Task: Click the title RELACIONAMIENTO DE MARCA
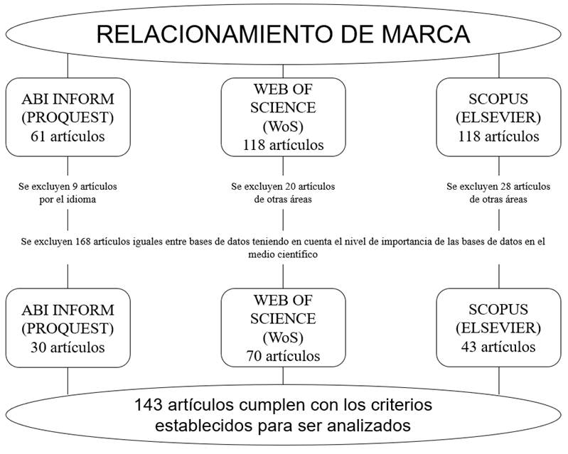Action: pyautogui.click(x=283, y=33)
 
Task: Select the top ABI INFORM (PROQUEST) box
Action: pyautogui.click(x=68, y=117)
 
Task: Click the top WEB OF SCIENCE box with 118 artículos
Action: pyautogui.click(x=283, y=117)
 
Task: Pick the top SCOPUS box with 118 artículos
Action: pyautogui.click(x=498, y=117)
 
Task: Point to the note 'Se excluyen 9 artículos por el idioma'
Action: pyautogui.click(x=68, y=193)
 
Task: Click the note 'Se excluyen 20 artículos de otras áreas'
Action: pyautogui.click(x=283, y=193)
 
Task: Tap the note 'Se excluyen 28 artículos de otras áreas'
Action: pyautogui.click(x=498, y=193)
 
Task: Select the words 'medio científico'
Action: pyautogui.click(x=283, y=254)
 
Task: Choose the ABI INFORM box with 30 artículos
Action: pyautogui.click(x=68, y=328)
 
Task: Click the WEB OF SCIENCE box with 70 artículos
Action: pyautogui.click(x=283, y=328)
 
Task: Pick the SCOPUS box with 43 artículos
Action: pyautogui.click(x=498, y=328)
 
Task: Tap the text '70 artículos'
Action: pyautogui.click(x=283, y=356)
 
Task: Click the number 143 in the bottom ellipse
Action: pyautogui.click(x=148, y=406)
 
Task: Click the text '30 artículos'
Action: pyautogui.click(x=68, y=347)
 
